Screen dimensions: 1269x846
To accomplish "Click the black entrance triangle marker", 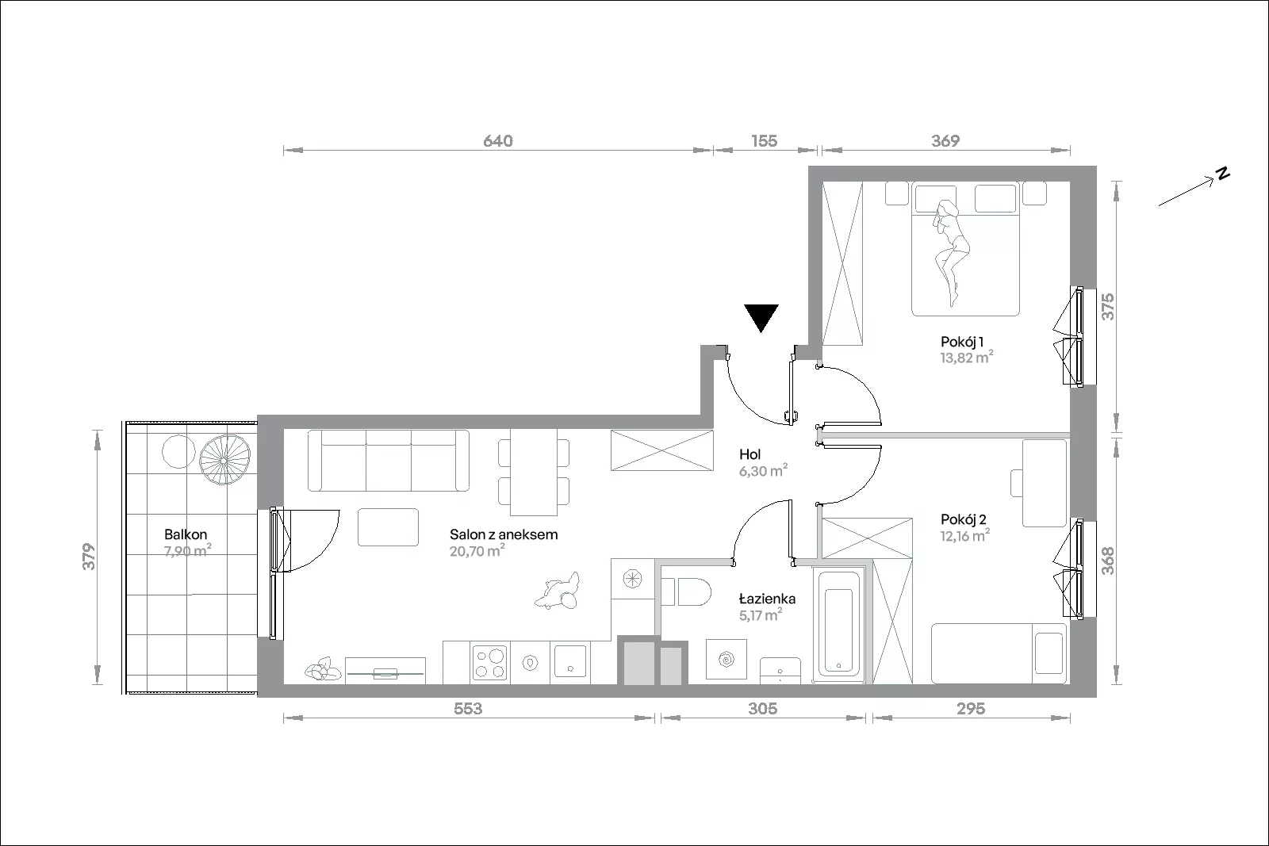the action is pyautogui.click(x=761, y=317).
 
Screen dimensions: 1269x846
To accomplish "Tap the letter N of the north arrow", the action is pyautogui.click(x=1224, y=174).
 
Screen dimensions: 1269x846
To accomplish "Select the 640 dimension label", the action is pyautogui.click(x=498, y=141).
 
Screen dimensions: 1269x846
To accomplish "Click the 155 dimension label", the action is pyautogui.click(x=765, y=141).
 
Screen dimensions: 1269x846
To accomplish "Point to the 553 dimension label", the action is pyautogui.click(x=468, y=708).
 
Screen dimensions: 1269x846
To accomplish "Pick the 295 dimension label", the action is pyautogui.click(x=971, y=708).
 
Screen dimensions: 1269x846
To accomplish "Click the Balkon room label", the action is pyautogui.click(x=186, y=534).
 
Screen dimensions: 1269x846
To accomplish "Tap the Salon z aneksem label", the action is pyautogui.click(x=504, y=534).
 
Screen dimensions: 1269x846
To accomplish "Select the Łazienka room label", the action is pyautogui.click(x=767, y=599).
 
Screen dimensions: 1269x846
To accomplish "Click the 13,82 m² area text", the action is pyautogui.click(x=967, y=358).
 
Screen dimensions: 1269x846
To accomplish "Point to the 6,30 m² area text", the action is pyautogui.click(x=763, y=470).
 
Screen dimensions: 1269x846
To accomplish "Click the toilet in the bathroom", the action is pyautogui.click(x=686, y=591).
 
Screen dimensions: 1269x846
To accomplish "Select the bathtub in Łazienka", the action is pyautogui.click(x=838, y=624).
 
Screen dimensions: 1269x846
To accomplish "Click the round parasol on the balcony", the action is pyautogui.click(x=225, y=460).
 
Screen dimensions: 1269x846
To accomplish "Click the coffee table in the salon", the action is pyautogui.click(x=388, y=527).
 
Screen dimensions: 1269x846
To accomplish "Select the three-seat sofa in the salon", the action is pyautogui.click(x=389, y=461).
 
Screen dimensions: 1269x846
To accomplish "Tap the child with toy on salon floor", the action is pyautogui.click(x=558, y=591).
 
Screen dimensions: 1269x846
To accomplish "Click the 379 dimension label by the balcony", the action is pyautogui.click(x=89, y=557).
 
